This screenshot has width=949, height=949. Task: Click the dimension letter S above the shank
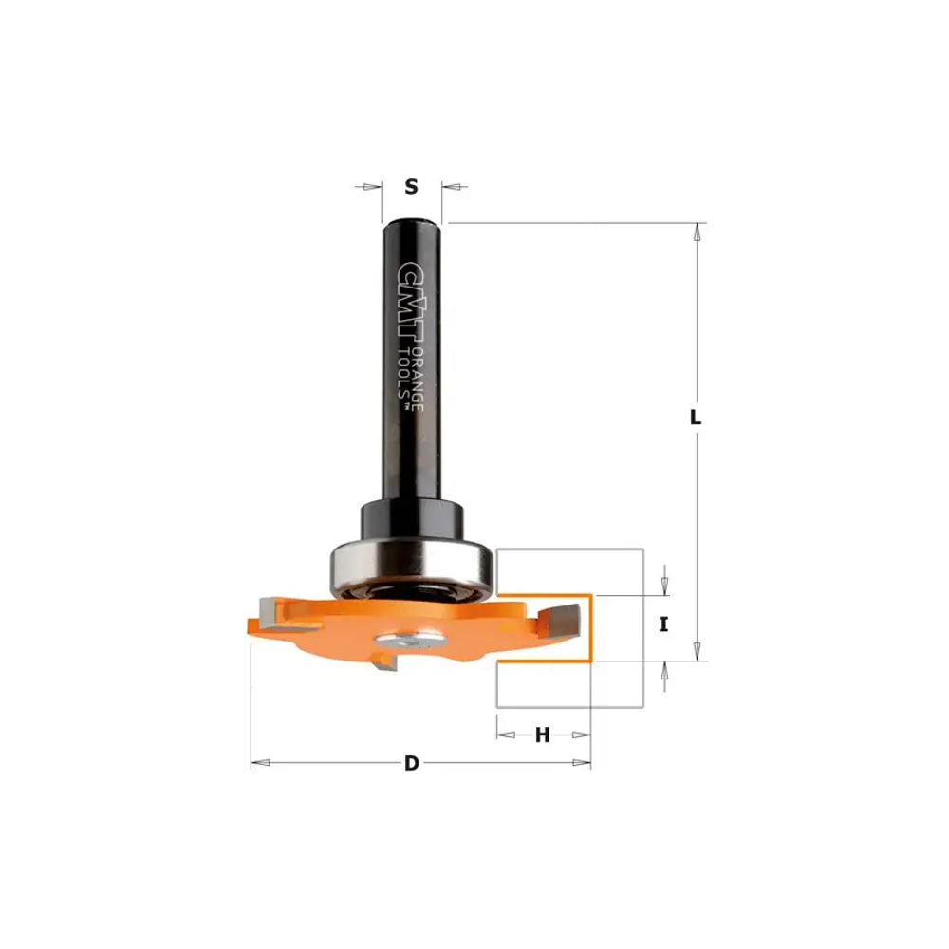411,186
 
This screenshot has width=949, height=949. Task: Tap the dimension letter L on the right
696,417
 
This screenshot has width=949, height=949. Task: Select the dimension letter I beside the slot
663,624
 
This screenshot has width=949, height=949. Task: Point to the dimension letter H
542,735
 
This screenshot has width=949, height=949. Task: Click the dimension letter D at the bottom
412,763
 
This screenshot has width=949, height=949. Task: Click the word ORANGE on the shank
417,381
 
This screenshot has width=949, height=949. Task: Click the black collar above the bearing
413,519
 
